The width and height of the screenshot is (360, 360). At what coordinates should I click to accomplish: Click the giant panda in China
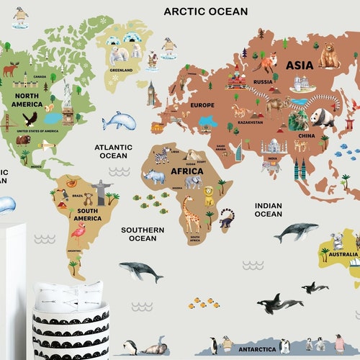pyautogui.click(x=322, y=117)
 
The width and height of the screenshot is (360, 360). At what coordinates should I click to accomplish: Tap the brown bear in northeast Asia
pyautogui.click(x=330, y=55)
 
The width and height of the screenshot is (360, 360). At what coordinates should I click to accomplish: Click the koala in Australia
pyautogui.click(x=336, y=240)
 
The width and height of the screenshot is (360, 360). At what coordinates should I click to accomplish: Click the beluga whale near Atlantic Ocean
pyautogui.click(x=119, y=121)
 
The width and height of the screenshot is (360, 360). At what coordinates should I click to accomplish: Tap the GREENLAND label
pyautogui.click(x=120, y=71)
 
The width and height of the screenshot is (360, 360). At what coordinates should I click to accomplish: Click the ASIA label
pyautogui.click(x=300, y=65)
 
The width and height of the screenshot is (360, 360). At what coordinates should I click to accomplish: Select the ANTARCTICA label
pyautogui.click(x=258, y=349)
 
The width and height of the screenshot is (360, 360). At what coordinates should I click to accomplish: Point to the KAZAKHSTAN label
pyautogui.click(x=251, y=122)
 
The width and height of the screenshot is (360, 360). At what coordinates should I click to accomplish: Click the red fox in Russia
pyautogui.click(x=268, y=63)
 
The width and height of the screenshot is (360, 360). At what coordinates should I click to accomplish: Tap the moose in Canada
pyautogui.click(x=11, y=70)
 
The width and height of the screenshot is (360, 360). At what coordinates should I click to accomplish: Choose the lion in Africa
pyautogui.click(x=210, y=194)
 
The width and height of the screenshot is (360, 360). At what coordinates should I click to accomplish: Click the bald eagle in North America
pyautogui.click(x=30, y=118)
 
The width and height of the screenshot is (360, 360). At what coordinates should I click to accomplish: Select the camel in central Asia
pyautogui.click(x=276, y=107)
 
